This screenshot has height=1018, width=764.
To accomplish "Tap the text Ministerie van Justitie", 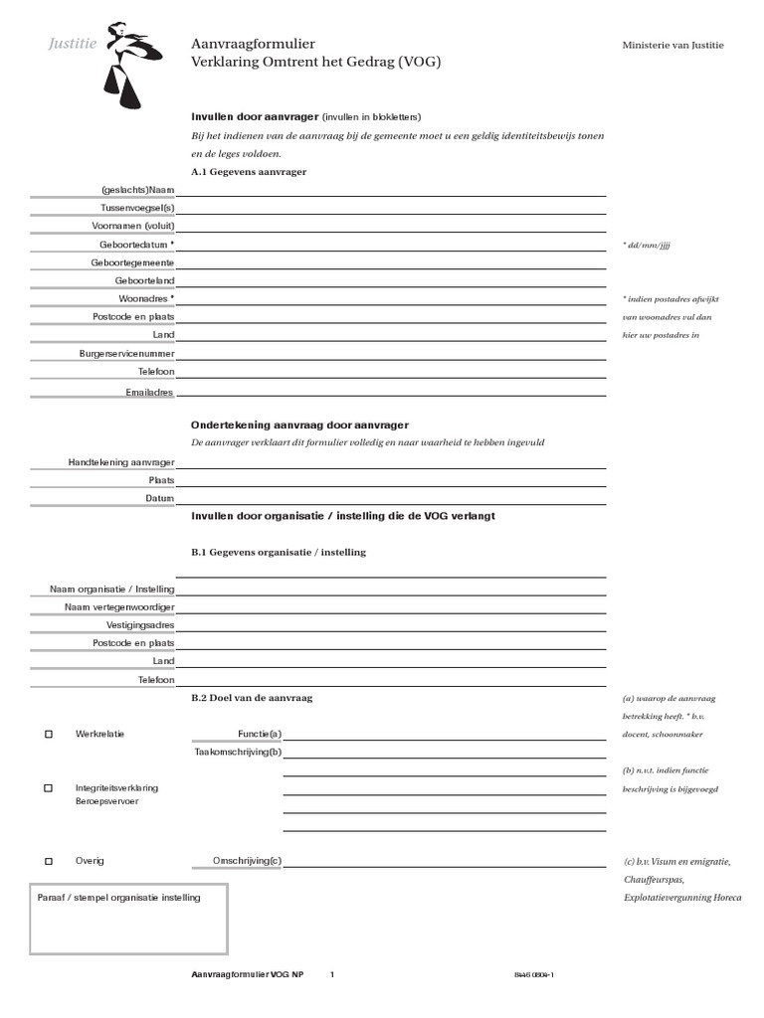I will pos(672,46).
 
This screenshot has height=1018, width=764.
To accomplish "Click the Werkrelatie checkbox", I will pos(48,735).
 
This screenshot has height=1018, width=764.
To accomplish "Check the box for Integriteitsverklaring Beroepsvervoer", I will pos(48,788).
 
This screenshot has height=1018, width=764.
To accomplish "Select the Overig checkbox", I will pos(48,861).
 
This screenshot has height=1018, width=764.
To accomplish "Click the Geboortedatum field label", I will pos(136,244).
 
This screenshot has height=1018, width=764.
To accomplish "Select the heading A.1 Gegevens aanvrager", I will pos(248,172).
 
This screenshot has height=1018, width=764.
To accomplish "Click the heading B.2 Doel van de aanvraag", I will pos(252,699).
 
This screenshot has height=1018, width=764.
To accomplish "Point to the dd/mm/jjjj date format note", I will pos(647,245).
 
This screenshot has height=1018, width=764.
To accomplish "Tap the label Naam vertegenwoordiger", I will pos(119,606).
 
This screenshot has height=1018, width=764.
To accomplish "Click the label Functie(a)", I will pos(260,735).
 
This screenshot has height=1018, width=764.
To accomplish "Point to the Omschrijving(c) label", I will pos(247,861).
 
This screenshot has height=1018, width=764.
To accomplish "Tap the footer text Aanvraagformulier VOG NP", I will pos(247,975).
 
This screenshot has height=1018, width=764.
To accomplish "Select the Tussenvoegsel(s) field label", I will pos(137,208).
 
